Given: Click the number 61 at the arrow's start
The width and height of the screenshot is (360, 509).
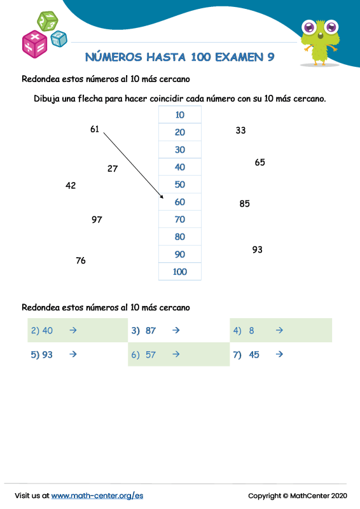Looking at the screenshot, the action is tap(95, 130).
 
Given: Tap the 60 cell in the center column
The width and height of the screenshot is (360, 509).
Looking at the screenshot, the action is tap(179, 202).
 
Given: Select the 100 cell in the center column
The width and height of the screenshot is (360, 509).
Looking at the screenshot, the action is tap(179, 272).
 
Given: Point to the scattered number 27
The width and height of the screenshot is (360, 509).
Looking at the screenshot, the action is tap(113, 169).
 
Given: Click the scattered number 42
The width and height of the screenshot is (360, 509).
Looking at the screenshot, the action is tap(71, 186).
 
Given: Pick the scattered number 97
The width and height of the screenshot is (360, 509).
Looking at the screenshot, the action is tap(97, 220).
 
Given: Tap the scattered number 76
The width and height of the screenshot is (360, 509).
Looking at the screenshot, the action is tap(81, 260).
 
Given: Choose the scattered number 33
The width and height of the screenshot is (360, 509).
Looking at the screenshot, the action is tap(240, 130).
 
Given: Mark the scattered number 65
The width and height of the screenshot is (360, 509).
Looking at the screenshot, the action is tap(260, 162).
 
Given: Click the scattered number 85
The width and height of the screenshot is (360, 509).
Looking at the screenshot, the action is tap(245, 204).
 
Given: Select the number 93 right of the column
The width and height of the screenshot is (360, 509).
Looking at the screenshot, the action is tap(257, 249).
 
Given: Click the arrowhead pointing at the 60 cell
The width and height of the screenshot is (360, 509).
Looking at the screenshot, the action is tap(162, 198).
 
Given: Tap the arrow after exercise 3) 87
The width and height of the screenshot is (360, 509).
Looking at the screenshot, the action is tap(176, 330).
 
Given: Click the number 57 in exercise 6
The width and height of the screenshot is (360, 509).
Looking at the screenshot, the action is tap(151, 355).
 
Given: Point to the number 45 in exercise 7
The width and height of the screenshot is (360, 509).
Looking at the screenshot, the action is tap(254, 355).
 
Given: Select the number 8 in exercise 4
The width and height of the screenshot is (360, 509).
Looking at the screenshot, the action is tap(252, 331).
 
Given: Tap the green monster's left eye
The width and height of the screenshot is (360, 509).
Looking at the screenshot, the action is tap(310, 27).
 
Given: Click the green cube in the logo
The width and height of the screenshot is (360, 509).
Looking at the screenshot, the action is tap(47, 21).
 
